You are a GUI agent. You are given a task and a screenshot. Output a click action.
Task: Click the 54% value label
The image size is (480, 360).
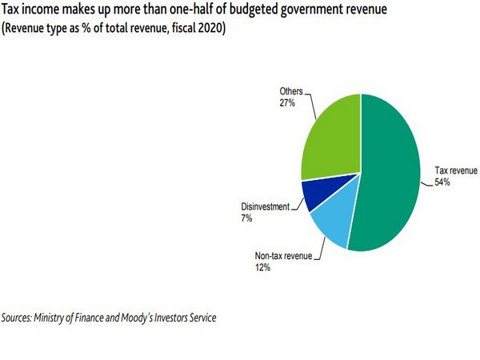(442, 182)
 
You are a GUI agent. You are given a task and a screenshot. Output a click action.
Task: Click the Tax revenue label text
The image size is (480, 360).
(455, 170)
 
